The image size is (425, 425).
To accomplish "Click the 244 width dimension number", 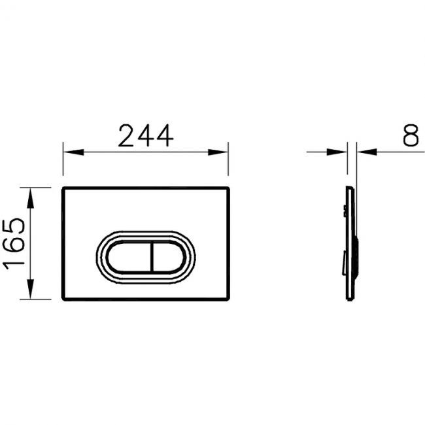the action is click(x=146, y=135).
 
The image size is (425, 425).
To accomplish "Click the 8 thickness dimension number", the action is click(x=411, y=135).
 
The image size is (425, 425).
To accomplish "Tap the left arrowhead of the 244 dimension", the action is click(x=73, y=152).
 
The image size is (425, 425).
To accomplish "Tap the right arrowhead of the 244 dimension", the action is click(x=218, y=152).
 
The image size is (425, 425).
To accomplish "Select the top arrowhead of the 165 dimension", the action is click(x=30, y=198).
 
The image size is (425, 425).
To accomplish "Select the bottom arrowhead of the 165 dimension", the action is click(x=30, y=289).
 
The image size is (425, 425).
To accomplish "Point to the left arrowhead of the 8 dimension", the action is click(x=337, y=152).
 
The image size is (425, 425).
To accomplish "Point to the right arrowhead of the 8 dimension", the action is click(x=367, y=152).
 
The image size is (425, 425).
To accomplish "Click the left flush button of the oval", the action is click(x=129, y=257).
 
